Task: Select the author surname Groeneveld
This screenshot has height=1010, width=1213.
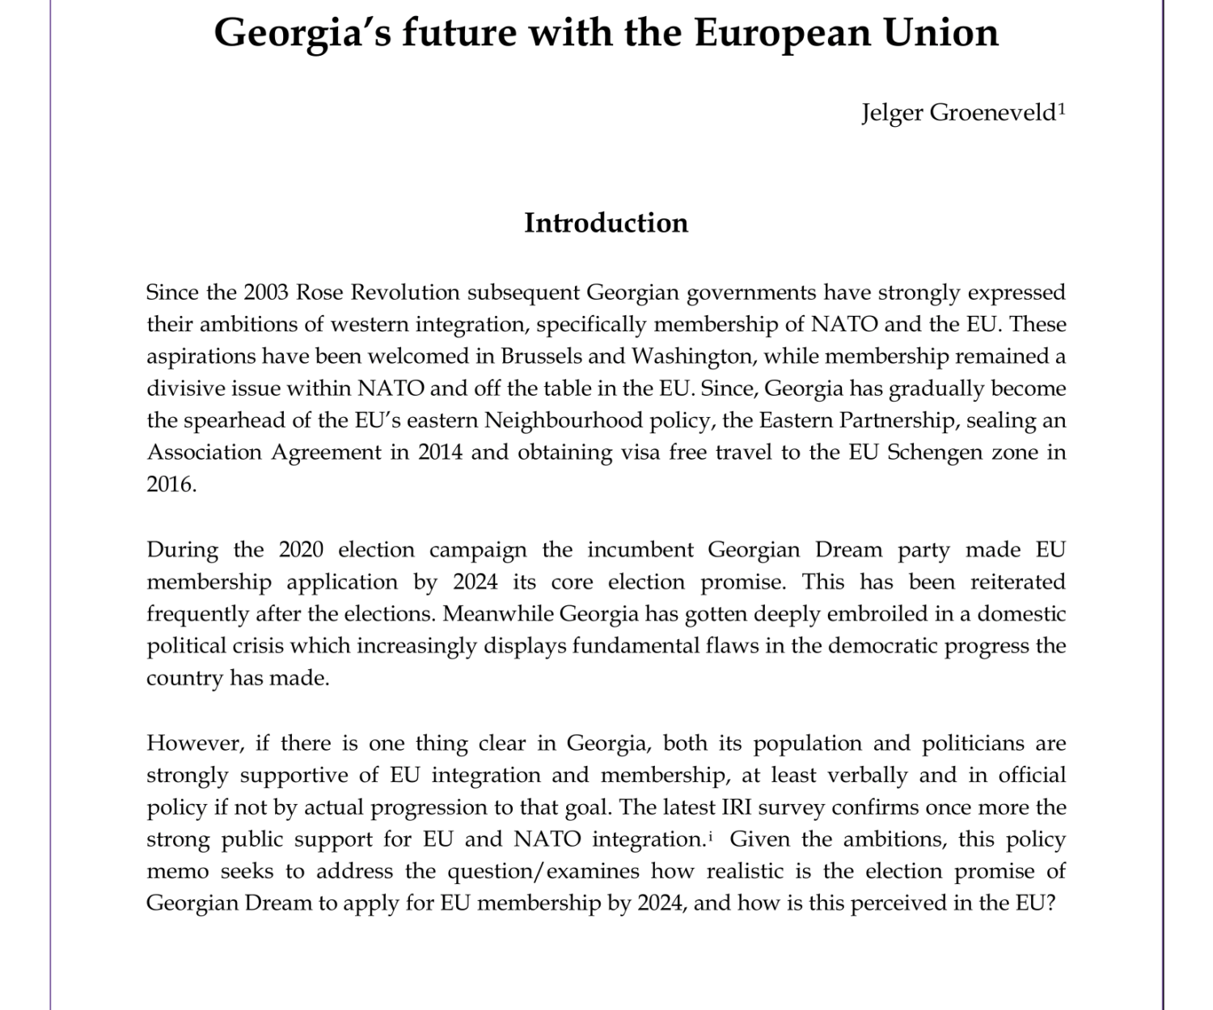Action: click(x=993, y=112)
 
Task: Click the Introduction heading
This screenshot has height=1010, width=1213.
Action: click(x=606, y=223)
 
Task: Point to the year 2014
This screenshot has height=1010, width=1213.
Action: click(x=441, y=452)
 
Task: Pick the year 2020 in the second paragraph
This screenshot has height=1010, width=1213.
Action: click(x=301, y=549)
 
